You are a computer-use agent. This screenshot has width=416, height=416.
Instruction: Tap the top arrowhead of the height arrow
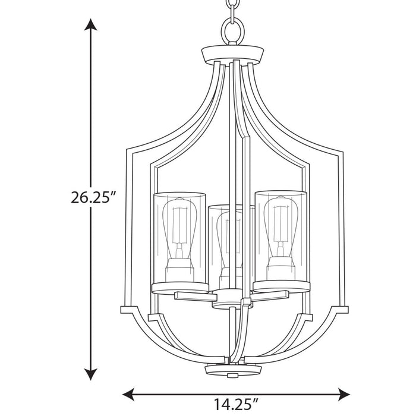point(90,25)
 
